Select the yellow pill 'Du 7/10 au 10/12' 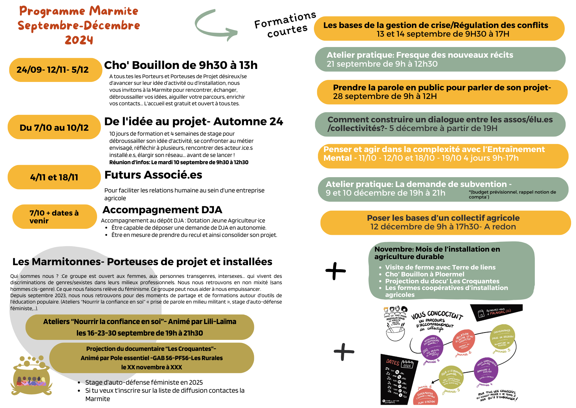point(54,127)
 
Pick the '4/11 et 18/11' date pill point(54,177)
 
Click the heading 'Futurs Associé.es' point(153,175)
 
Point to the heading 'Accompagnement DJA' point(162,210)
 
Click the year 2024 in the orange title point(79,40)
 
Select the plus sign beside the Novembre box point(335,271)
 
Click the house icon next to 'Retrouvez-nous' point(480,314)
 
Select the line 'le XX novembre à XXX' point(151,367)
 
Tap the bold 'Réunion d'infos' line point(179,162)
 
